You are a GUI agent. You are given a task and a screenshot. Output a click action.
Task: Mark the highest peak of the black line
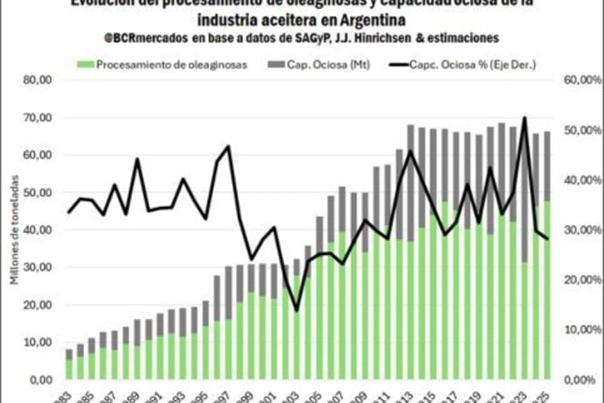pos(524,117)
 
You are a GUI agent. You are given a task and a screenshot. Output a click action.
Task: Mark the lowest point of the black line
pos(296,311)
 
